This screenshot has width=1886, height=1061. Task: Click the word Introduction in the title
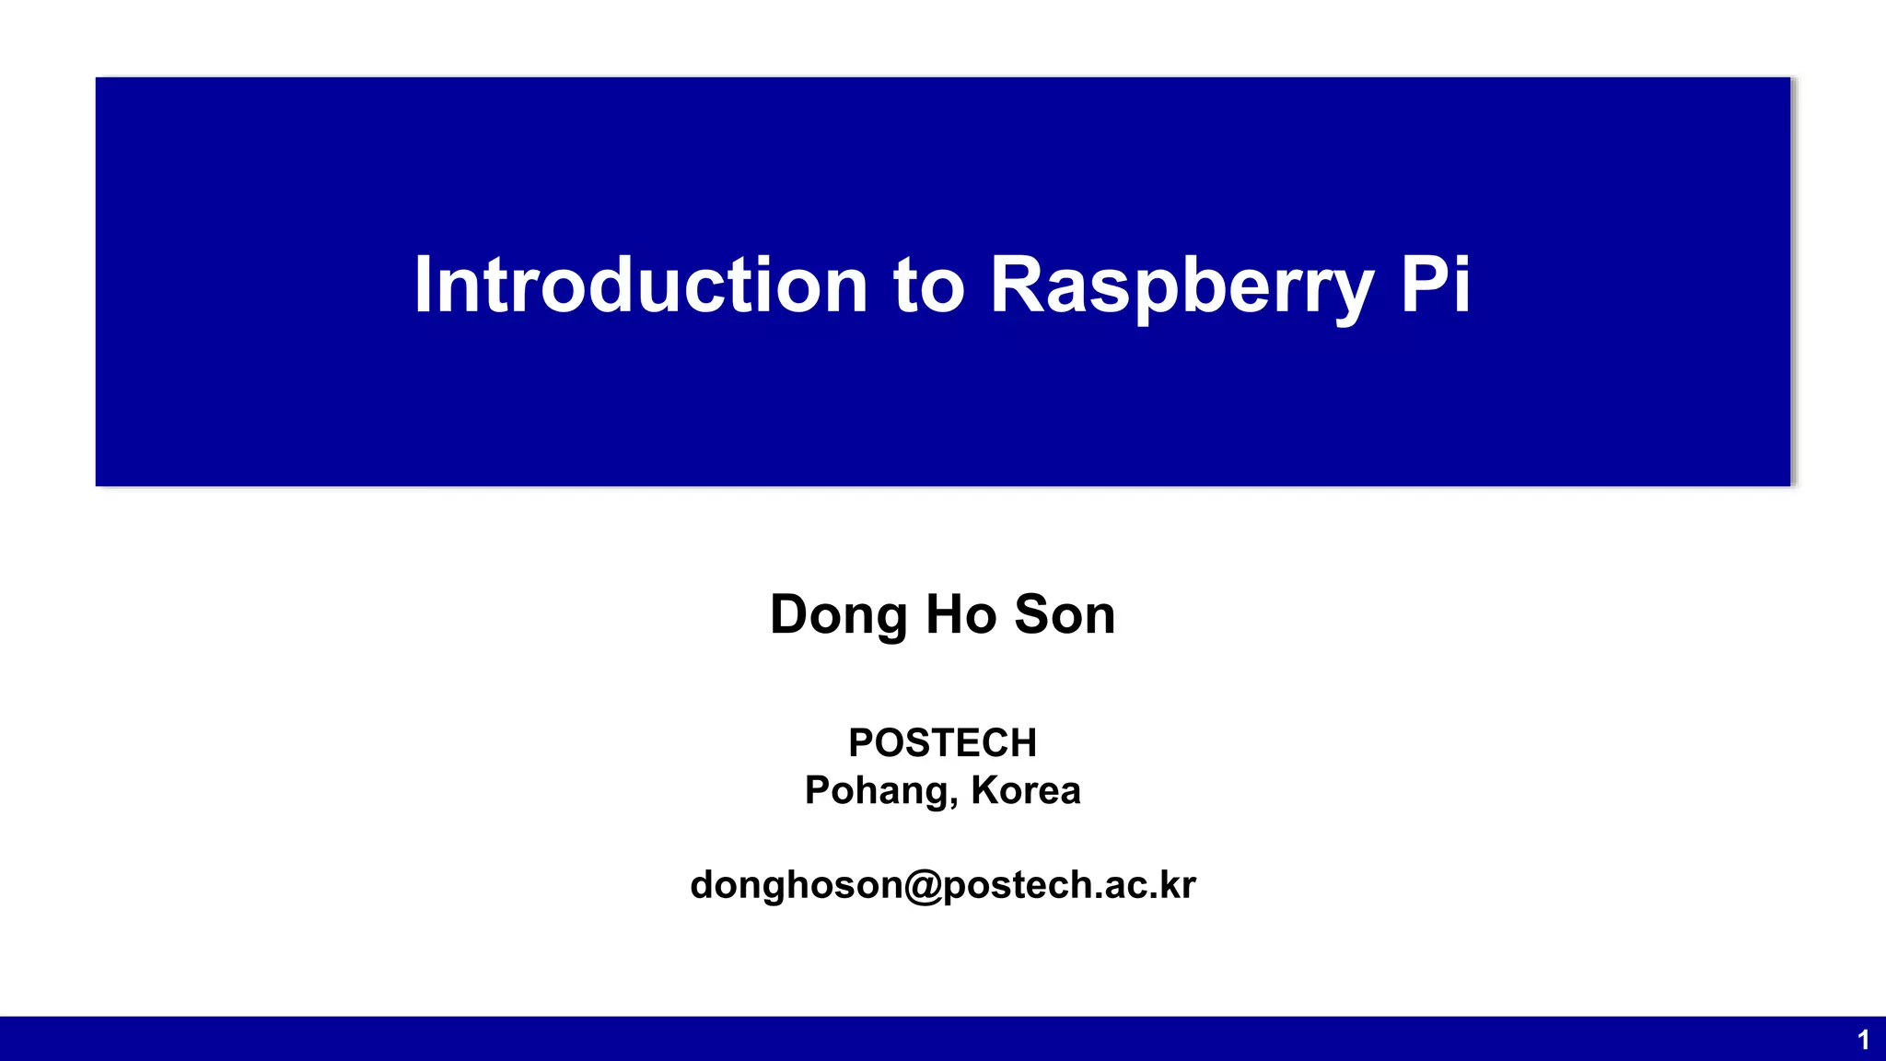[x=641, y=286]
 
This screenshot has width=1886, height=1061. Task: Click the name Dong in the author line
[x=838, y=615]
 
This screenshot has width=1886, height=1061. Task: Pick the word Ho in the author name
[x=960, y=614]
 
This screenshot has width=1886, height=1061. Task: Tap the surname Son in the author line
[x=1065, y=614]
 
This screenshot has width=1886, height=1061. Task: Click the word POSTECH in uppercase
[x=942, y=742]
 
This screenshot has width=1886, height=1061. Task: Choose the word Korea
[x=1025, y=790]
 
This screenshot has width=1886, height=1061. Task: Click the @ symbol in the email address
[x=923, y=885]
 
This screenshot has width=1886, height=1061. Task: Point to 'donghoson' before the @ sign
[x=797, y=886]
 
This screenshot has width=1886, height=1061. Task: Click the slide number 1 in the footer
[x=1863, y=1041]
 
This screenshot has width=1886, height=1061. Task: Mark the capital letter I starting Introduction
[x=422, y=286]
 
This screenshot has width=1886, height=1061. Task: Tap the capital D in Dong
[x=789, y=614]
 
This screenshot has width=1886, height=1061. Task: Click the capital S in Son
[x=1032, y=614]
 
